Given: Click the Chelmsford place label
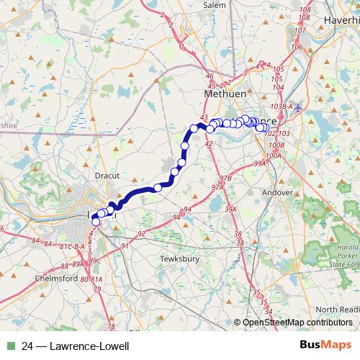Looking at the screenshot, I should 55,276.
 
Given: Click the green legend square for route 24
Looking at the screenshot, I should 9,346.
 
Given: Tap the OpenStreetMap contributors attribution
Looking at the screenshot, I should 297,322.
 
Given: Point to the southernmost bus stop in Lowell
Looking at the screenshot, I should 96,222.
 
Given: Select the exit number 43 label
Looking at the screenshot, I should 204,117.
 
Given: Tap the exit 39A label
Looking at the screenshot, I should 230,210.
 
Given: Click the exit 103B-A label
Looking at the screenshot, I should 283,106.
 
